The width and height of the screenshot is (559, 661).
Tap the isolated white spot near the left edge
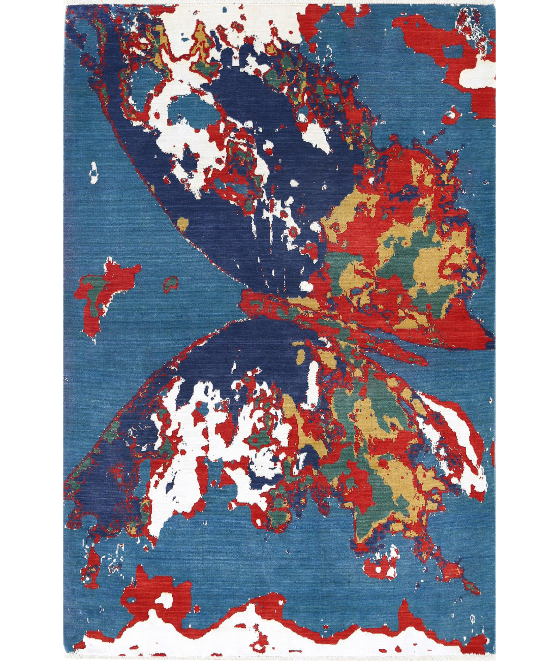click(94, 172)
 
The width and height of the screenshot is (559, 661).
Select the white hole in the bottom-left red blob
click(163, 600)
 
